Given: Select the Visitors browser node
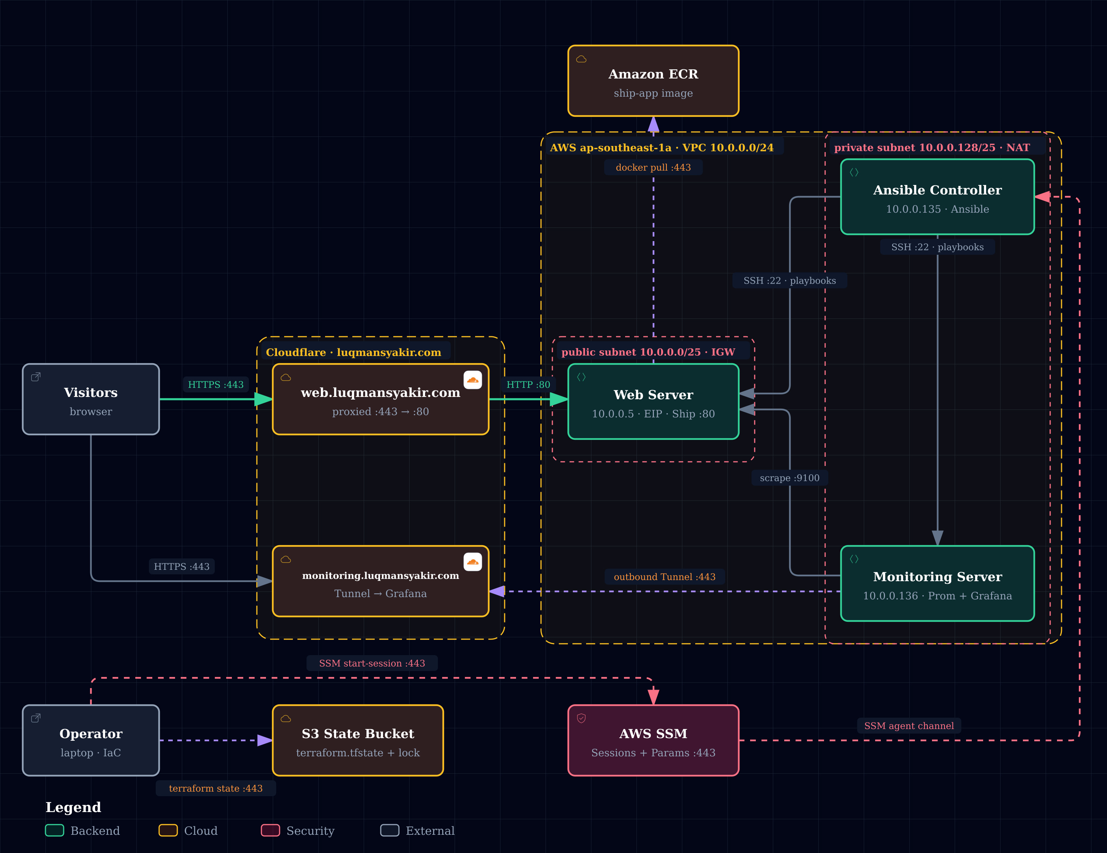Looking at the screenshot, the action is point(91,399).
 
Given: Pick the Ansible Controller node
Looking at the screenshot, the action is point(937,197).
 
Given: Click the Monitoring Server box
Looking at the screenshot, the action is point(937,583).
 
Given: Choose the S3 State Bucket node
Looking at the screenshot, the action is point(358,740).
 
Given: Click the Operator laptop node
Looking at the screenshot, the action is point(91,740).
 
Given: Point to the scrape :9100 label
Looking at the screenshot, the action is point(789,478).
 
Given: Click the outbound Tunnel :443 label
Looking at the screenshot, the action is point(665,577).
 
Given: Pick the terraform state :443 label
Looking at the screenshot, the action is point(216,788).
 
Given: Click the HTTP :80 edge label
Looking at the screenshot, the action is point(528,384).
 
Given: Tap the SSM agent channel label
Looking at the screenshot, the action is point(909,726).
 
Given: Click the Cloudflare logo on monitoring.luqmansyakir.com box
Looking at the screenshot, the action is point(472,562).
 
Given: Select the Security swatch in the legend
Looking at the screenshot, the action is point(270,830).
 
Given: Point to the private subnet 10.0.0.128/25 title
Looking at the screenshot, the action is point(932,147).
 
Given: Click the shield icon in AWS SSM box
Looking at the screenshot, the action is point(582,718).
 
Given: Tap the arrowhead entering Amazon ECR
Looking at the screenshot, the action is point(654,125).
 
